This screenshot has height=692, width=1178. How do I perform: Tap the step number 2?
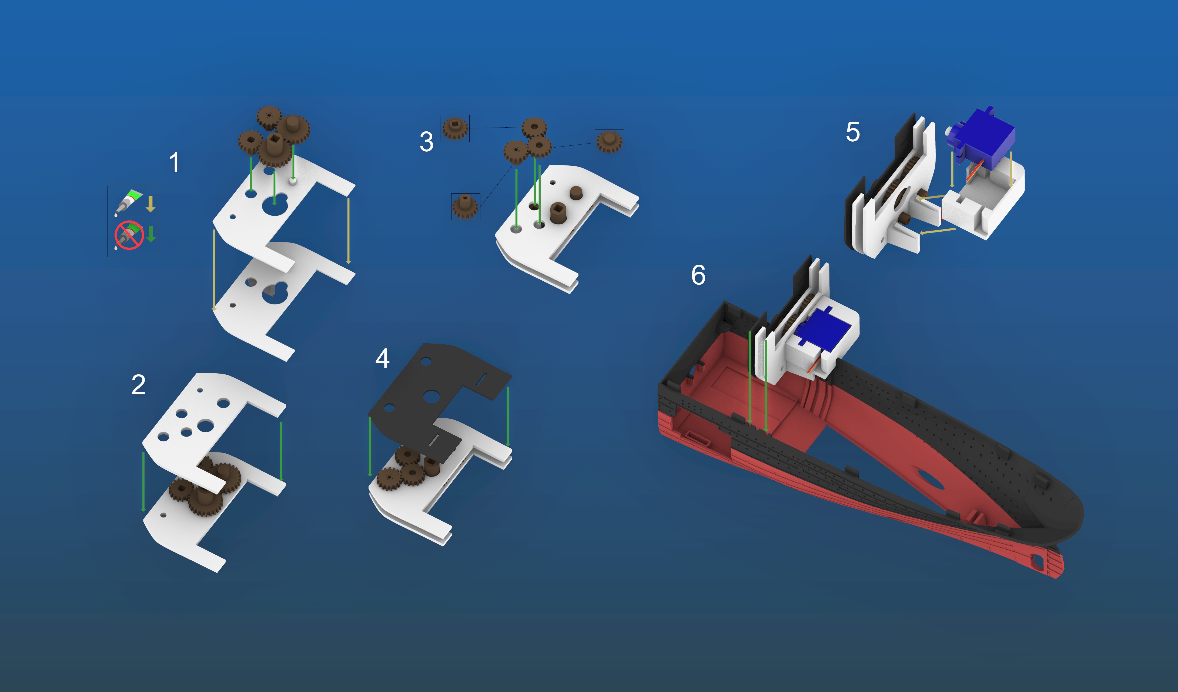click(x=138, y=385)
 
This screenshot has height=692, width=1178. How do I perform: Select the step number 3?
click(x=426, y=142)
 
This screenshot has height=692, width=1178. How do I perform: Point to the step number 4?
click(x=382, y=359)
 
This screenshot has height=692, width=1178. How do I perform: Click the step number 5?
click(x=853, y=132)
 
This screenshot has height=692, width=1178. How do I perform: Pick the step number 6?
click(x=698, y=275)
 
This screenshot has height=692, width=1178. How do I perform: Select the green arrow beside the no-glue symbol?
click(x=150, y=234)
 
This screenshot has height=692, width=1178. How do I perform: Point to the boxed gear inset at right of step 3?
click(x=609, y=142)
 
